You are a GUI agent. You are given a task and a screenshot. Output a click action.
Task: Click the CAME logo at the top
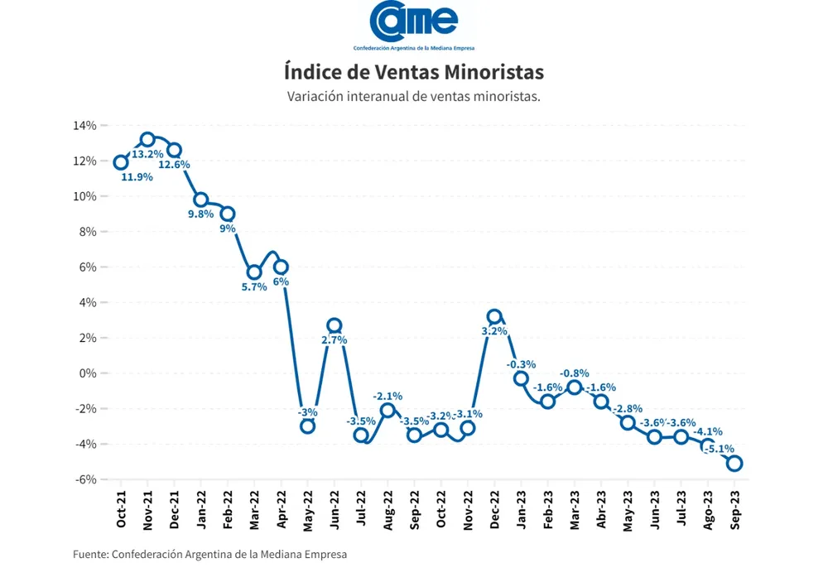(413, 25)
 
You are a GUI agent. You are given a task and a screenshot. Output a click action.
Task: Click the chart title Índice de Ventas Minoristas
(413, 71)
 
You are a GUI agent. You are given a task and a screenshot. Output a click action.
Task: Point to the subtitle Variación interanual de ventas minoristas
(413, 96)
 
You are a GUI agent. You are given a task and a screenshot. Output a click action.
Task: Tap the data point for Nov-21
(147, 139)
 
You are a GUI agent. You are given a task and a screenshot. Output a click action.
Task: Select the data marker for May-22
(307, 426)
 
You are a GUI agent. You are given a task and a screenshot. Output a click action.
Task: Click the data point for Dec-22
(494, 316)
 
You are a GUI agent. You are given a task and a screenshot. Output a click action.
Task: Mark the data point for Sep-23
(734, 464)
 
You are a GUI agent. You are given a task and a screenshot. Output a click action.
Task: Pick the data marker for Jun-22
(334, 325)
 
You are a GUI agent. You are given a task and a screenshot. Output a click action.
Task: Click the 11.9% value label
(137, 177)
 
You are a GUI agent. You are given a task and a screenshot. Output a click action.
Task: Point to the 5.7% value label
(253, 287)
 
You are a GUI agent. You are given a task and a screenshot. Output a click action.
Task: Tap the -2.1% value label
(388, 396)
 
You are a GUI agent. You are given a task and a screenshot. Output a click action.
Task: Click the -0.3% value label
(522, 363)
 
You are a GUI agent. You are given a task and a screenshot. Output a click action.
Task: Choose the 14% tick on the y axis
(85, 126)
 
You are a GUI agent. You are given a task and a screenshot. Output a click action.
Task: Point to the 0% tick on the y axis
(89, 373)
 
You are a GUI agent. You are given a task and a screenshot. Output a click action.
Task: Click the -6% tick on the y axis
(85, 479)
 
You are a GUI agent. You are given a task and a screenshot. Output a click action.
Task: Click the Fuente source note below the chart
(209, 554)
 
